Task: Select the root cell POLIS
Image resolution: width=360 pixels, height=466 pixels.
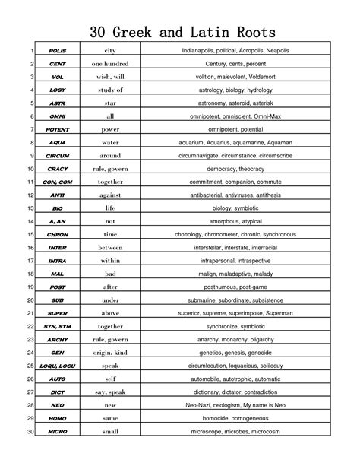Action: coord(57,50)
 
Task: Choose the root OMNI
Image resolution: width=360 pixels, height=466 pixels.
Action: coord(57,116)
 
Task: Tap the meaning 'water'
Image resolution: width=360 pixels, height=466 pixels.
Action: coord(110,143)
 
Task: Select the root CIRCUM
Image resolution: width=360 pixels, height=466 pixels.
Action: coord(57,156)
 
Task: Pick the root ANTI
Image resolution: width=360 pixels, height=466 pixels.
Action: coord(57,195)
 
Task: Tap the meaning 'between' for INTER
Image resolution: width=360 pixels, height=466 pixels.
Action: coord(110,248)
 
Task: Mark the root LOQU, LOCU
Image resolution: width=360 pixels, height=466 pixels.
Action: coord(57,366)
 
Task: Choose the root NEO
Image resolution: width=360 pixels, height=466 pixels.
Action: coord(57,406)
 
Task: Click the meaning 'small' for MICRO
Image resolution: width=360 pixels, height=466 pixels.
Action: coord(110,433)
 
